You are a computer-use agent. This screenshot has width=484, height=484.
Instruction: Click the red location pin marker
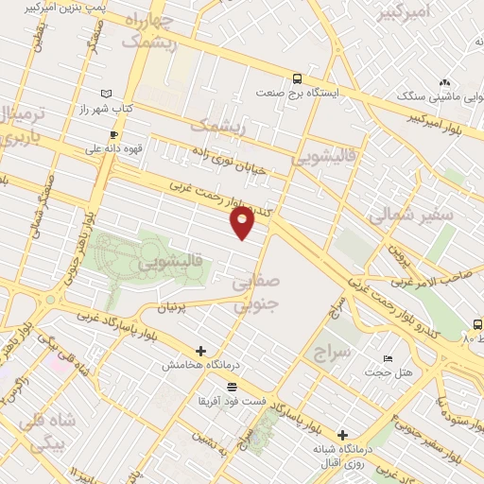click(x=243, y=222)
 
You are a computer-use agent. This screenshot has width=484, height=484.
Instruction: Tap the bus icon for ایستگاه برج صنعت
click(x=298, y=79)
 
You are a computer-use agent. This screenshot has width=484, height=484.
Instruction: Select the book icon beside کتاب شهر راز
click(x=106, y=94)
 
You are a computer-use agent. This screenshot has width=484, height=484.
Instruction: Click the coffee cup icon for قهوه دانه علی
click(x=113, y=134)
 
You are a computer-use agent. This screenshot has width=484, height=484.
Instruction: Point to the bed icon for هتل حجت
click(x=388, y=359)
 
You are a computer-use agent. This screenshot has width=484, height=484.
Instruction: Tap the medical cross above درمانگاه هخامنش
click(x=200, y=351)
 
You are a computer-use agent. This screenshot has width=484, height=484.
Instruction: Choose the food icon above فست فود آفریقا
click(x=232, y=387)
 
